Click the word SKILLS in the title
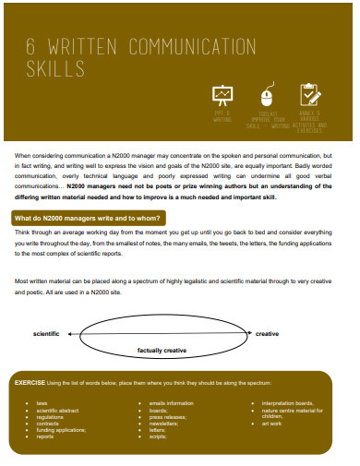coord(54,69)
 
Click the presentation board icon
coord(222,95)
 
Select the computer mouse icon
coord(268,96)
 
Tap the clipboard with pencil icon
coord(310,94)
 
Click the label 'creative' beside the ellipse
coord(267,333)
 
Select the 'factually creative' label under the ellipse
coord(162,351)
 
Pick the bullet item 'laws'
coord(42,403)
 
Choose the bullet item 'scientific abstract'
coord(57,410)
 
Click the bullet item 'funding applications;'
coord(61,429)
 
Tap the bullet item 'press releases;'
coord(168,416)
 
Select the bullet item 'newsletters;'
coord(165,423)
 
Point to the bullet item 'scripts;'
coord(160,436)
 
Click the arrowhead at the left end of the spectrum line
coord(82,333)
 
